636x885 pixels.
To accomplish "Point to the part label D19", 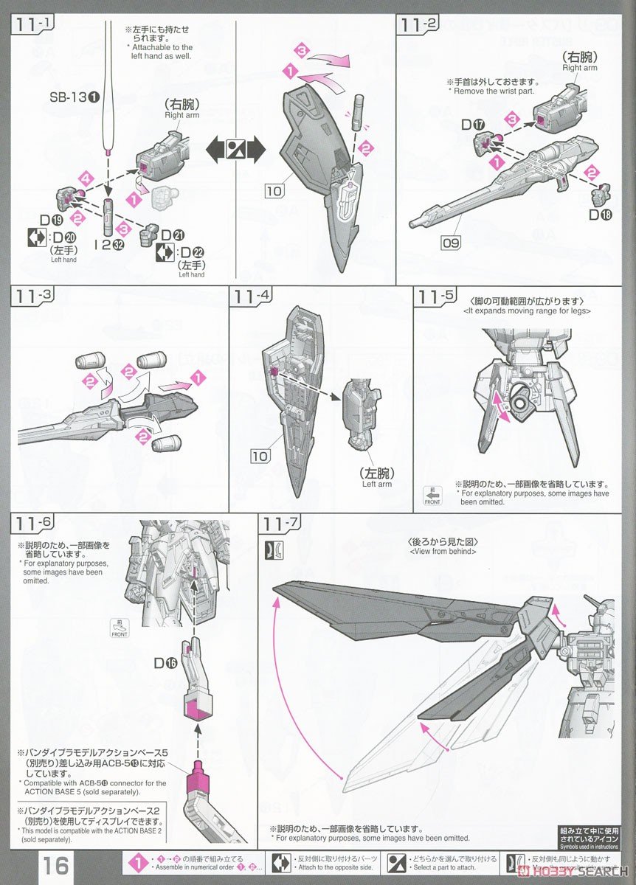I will coord(51,221).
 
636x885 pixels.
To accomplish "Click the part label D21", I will coord(173,235).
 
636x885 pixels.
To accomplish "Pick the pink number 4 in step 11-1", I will coord(87,179).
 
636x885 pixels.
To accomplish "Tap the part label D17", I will coord(473,125).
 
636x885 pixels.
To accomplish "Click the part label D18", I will coord(598,215).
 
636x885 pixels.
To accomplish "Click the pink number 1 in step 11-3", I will coord(197,378).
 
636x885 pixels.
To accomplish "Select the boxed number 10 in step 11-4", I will coord(260,457).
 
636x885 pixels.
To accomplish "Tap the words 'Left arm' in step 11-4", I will coord(376,484).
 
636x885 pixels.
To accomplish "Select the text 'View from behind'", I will coord(442,551).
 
